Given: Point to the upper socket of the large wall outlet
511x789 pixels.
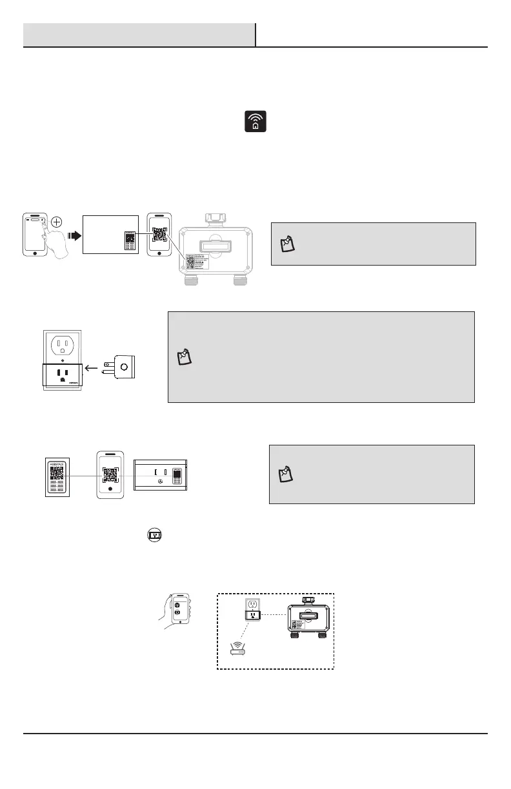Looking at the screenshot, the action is [x=63, y=346].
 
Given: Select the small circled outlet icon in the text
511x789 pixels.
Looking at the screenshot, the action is [x=154, y=534].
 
